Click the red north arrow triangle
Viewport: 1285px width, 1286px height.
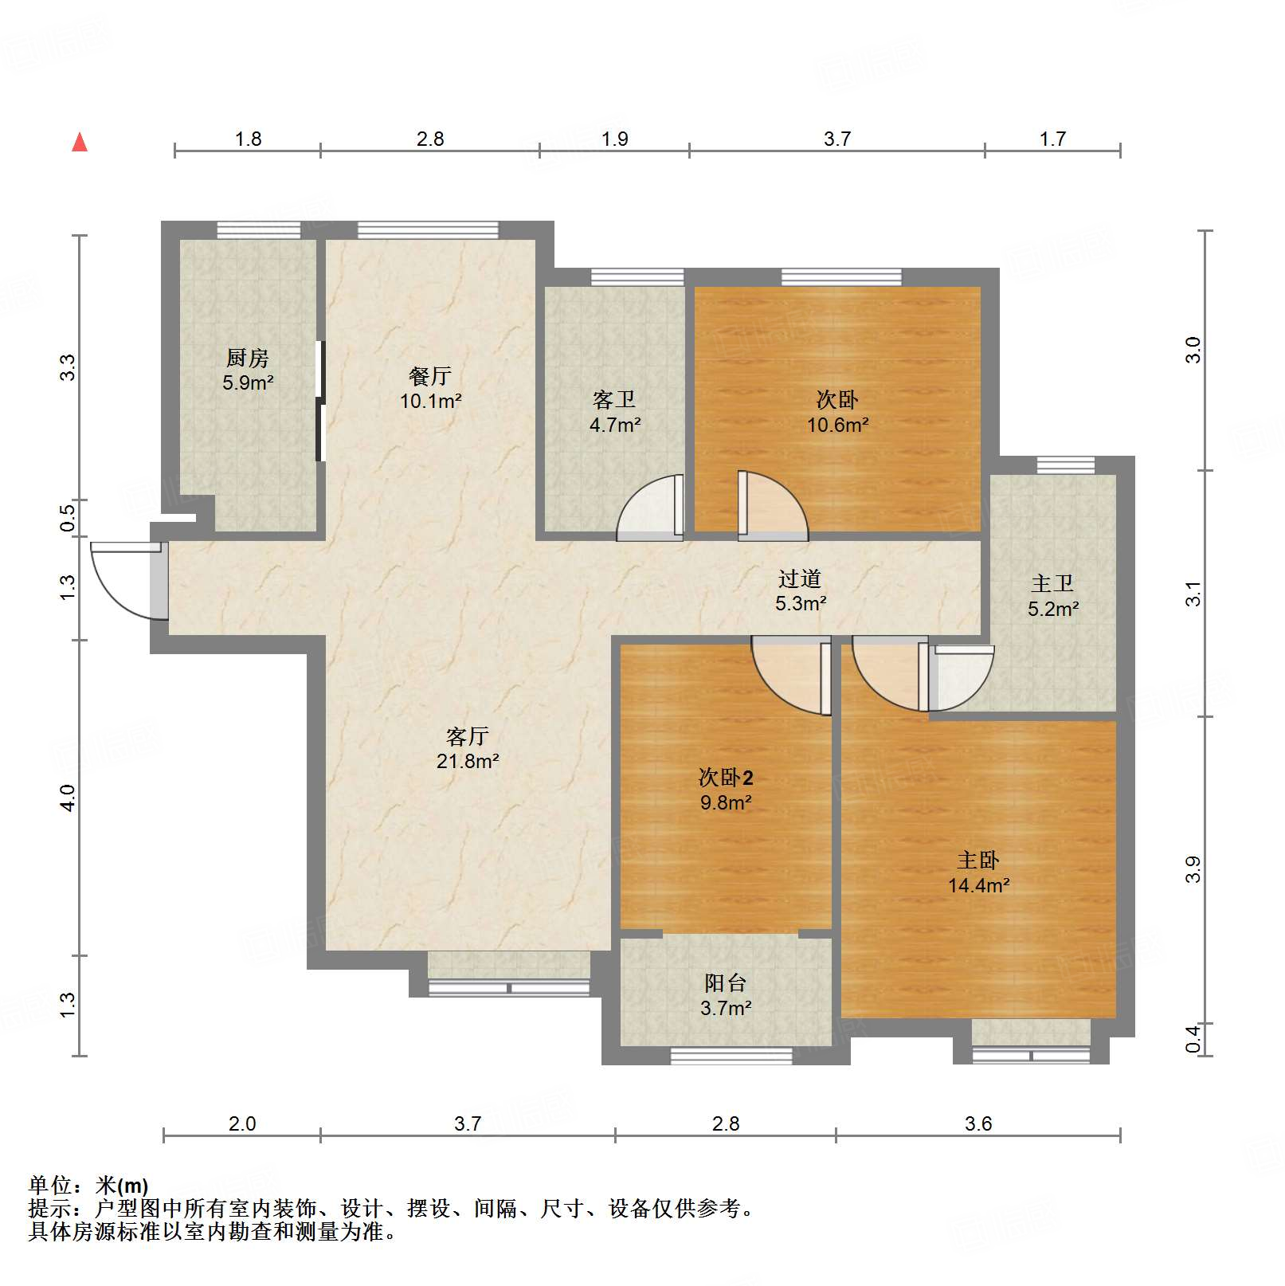[80, 143]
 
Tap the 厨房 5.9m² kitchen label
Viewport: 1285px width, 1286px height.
[248, 371]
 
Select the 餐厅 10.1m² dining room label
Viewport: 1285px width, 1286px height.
[430, 388]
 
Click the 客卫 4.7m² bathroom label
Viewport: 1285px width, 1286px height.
[614, 412]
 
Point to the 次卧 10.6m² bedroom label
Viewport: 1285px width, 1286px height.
[837, 412]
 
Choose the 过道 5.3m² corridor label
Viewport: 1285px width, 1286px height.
[800, 590]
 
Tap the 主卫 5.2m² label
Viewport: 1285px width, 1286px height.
[1052, 596]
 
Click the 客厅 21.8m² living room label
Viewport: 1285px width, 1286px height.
[468, 748]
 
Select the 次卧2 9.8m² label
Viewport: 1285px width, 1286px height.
[726, 790]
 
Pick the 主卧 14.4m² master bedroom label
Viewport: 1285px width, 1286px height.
[978, 872]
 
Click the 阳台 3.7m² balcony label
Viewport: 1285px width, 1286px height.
[726, 995]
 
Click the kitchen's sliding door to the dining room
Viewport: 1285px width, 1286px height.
[320, 401]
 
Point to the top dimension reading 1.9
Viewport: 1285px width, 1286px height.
[615, 139]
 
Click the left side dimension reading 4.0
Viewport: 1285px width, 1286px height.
[69, 798]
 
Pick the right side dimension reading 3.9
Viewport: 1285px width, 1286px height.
[1193, 869]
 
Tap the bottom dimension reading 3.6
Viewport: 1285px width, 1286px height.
[978, 1123]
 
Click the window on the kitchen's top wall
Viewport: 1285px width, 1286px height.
[259, 230]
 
